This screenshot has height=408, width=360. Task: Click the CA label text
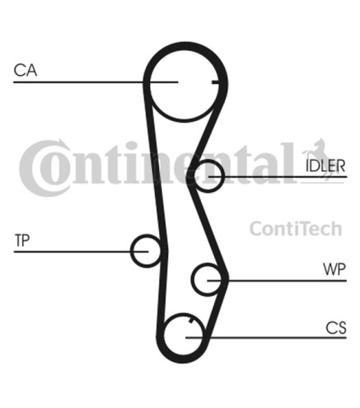pos(26,70)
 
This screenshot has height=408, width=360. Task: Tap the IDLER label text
pos(325,166)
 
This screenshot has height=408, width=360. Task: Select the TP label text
pos(22,241)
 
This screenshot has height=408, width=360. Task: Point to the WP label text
pos(334,270)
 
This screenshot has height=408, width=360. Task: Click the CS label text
pos(336,327)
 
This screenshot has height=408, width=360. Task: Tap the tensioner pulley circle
pos(131,251)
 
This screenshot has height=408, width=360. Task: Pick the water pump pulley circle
pos(192,279)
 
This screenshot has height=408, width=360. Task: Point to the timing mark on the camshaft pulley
pos(216,82)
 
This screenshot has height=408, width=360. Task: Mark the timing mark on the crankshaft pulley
pos(191,320)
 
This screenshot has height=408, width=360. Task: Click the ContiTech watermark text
pos(296,228)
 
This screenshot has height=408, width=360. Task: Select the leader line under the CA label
pos(96,82)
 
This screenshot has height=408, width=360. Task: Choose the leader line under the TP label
pos(81,251)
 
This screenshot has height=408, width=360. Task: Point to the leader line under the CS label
pos(266,337)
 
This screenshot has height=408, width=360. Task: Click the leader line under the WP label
pos(277,280)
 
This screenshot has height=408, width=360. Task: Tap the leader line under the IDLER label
pos(278,176)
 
